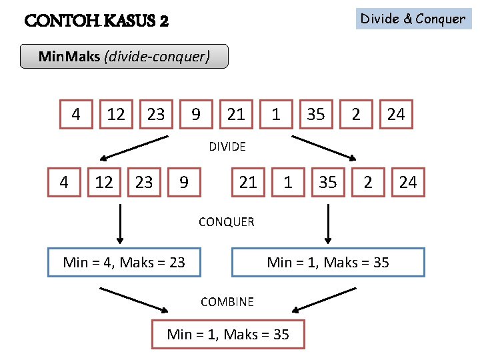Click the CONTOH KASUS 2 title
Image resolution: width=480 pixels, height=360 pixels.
[96, 21]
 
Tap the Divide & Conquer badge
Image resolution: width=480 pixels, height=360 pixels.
[413, 19]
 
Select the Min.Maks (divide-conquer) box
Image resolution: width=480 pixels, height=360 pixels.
[124, 57]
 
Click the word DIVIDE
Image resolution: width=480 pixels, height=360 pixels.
[227, 147]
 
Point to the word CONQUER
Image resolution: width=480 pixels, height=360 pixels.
[226, 222]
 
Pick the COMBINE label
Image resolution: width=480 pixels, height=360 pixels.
[227, 302]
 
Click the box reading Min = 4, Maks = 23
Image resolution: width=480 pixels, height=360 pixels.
[124, 262]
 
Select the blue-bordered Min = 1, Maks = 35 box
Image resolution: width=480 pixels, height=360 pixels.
[328, 262]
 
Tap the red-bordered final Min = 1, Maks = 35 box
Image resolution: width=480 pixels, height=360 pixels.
[228, 334]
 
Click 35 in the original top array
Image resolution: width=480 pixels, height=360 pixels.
[316, 115]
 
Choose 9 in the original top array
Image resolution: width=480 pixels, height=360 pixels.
[196, 115]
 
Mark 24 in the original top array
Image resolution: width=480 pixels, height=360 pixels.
[396, 115]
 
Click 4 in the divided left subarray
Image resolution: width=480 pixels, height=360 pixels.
[64, 182]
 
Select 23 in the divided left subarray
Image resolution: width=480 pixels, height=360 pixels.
[144, 182]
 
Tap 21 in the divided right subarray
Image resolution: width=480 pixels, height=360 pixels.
[248, 182]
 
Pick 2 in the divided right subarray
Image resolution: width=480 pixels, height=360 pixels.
[368, 182]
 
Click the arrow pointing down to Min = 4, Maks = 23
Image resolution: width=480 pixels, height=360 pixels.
[120, 224]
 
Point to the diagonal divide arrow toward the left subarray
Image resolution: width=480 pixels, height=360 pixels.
[133, 149]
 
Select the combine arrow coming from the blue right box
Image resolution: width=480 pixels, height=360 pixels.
[325, 299]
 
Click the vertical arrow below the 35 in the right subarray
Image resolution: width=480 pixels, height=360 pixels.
[327, 224]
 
